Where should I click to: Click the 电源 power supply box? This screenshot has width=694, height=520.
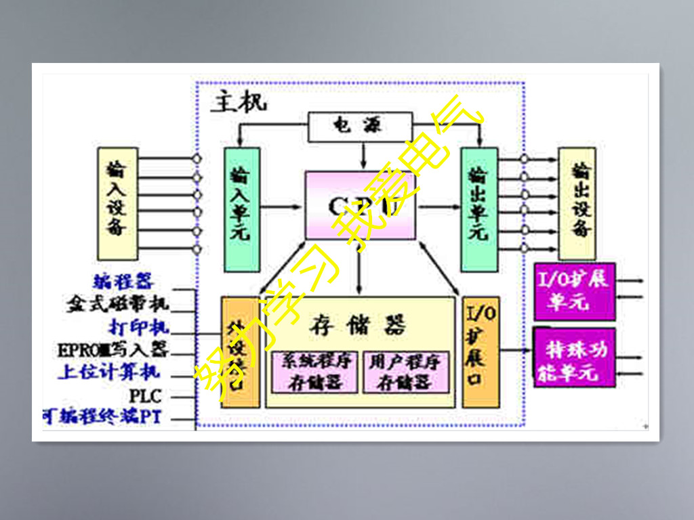click(x=360, y=125)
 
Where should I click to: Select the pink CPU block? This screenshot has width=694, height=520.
click(x=360, y=205)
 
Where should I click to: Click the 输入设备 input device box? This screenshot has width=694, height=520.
click(x=117, y=203)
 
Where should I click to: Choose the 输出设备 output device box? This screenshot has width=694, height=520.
click(x=577, y=203)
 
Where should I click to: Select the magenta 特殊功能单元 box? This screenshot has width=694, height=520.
click(x=574, y=357)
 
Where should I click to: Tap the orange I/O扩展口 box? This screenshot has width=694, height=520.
click(x=481, y=352)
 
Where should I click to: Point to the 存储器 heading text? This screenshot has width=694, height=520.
click(x=360, y=326)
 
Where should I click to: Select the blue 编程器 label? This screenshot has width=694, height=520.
click(x=123, y=282)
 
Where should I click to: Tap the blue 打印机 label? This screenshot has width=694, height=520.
click(x=138, y=327)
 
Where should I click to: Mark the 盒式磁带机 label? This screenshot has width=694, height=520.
click(x=117, y=304)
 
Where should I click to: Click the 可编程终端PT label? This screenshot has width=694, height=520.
click(x=103, y=417)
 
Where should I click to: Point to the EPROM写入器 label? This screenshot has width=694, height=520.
click(x=113, y=349)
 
